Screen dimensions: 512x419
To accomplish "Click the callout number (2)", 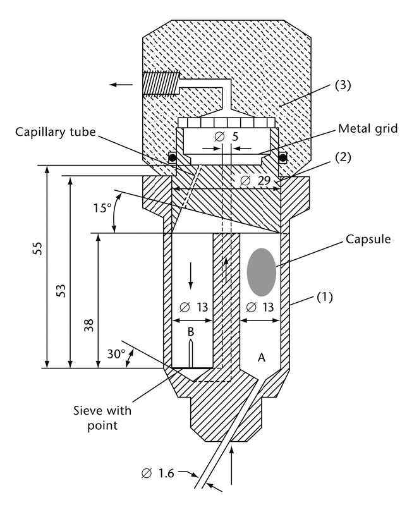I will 343,157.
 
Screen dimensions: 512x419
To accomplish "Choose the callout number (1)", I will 325,295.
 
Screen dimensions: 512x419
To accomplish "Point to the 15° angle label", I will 101,208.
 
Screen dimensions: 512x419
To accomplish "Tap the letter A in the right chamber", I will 260,358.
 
